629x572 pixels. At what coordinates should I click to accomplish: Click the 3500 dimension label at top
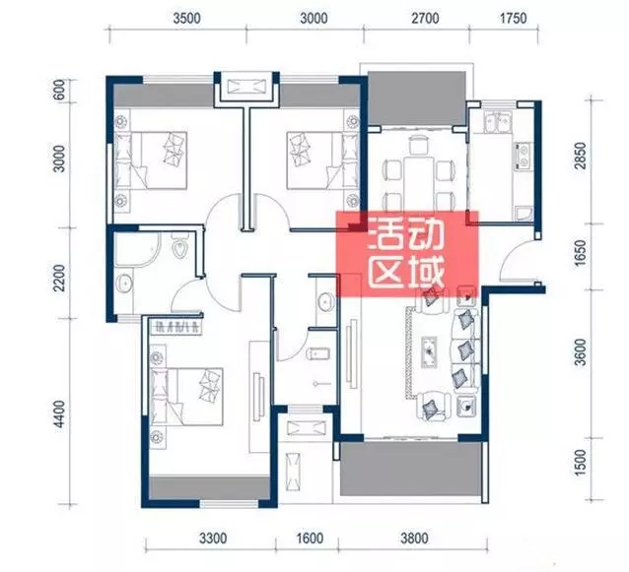(186, 19)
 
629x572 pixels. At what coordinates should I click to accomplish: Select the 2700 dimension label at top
(425, 19)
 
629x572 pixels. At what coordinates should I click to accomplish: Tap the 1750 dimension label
(513, 19)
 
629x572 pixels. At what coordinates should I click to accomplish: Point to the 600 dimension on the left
(59, 91)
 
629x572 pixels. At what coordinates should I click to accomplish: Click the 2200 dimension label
(59, 278)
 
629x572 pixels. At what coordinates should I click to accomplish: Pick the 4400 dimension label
(59, 413)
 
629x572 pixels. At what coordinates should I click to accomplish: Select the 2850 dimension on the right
(580, 156)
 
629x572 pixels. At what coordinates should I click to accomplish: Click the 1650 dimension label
(580, 253)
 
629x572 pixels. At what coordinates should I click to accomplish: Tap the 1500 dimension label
(580, 463)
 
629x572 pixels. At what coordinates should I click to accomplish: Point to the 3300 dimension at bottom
(213, 539)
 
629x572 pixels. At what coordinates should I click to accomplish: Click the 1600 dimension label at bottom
(310, 539)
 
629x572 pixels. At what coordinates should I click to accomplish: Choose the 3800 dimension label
(414, 539)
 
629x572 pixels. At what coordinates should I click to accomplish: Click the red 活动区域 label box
(407, 254)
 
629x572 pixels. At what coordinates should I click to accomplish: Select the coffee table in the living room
(430, 352)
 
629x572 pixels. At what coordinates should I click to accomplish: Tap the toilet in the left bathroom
(179, 245)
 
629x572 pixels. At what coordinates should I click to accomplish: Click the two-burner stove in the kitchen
(523, 156)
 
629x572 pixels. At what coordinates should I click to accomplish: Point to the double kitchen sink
(498, 122)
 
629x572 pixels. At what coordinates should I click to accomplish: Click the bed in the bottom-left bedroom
(186, 397)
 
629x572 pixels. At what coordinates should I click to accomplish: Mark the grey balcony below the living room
(410, 469)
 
